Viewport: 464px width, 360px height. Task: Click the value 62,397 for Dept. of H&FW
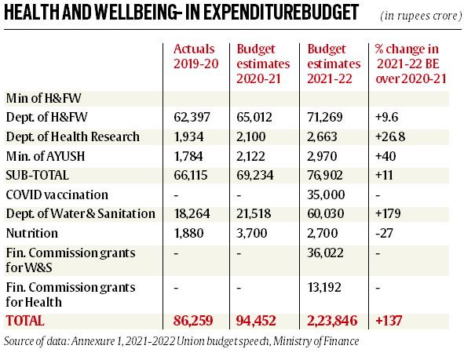(x=192, y=117)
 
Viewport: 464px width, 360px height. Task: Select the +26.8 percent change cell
(x=390, y=136)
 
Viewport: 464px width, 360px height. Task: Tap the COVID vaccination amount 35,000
(x=326, y=195)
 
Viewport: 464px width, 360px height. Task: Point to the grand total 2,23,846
(x=332, y=321)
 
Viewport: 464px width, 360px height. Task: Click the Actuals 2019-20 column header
(x=196, y=56)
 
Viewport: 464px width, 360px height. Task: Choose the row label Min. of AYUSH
(x=46, y=156)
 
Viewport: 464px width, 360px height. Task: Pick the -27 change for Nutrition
(x=384, y=233)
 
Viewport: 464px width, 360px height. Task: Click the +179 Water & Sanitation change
(x=388, y=213)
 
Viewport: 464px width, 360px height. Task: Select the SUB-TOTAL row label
(x=37, y=175)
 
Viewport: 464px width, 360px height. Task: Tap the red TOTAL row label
(x=25, y=321)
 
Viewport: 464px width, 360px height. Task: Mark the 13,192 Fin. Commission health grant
(x=324, y=287)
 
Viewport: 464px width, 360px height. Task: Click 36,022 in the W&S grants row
(x=325, y=253)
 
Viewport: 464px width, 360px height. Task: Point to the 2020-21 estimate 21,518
(x=254, y=213)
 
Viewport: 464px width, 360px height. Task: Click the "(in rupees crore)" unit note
(x=421, y=16)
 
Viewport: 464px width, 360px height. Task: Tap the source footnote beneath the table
(x=181, y=341)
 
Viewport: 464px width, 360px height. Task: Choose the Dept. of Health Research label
(x=73, y=136)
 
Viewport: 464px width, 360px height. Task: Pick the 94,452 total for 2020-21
(x=256, y=321)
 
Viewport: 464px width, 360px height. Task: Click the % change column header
(x=411, y=64)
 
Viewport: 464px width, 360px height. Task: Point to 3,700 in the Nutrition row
(x=252, y=233)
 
